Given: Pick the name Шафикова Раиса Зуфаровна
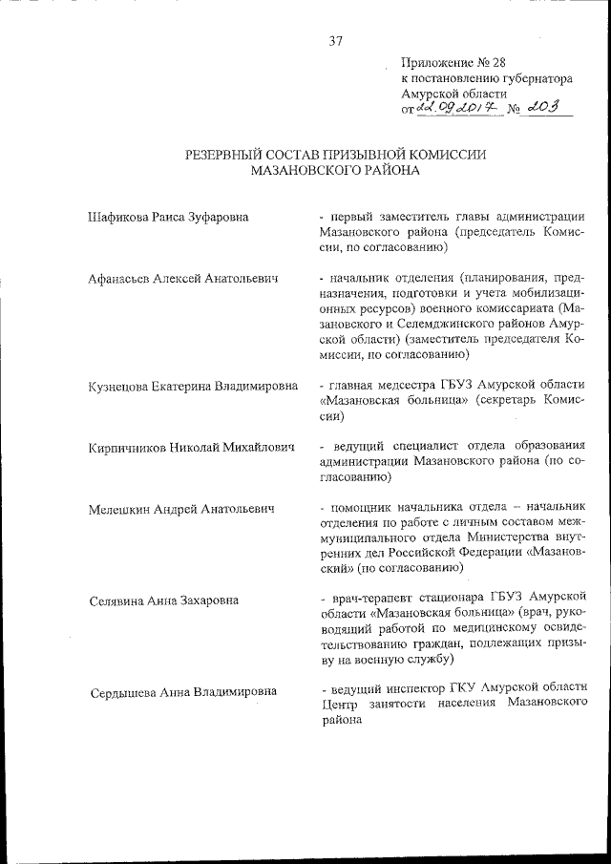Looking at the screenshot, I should (168, 217).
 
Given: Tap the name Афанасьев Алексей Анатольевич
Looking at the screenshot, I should (182, 279).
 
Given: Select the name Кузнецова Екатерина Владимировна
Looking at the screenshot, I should (193, 386).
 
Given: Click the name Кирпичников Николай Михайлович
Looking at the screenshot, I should (188, 447).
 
